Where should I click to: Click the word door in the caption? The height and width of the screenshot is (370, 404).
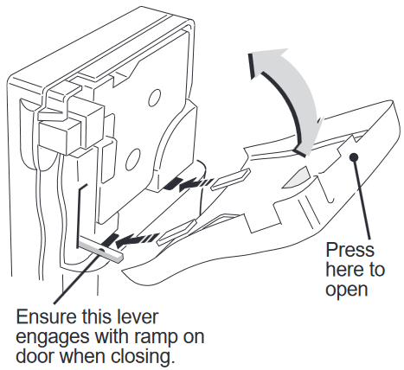(x=34, y=355)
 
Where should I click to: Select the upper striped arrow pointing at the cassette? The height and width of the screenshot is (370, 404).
(x=191, y=182)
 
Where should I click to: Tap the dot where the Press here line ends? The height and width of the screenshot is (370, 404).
(x=354, y=156)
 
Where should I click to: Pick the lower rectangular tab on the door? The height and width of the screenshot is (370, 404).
(x=181, y=229)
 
